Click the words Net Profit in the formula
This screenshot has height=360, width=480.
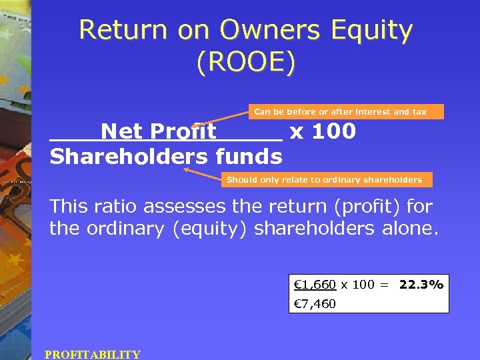(x=159, y=131)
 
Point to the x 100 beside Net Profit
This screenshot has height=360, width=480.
(x=323, y=131)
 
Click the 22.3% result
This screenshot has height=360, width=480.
(x=421, y=285)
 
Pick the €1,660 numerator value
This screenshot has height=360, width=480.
(x=315, y=285)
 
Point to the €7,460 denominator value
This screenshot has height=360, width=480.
(x=315, y=304)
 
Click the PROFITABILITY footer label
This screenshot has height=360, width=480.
(x=93, y=355)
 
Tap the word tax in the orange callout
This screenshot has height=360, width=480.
(x=419, y=111)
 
